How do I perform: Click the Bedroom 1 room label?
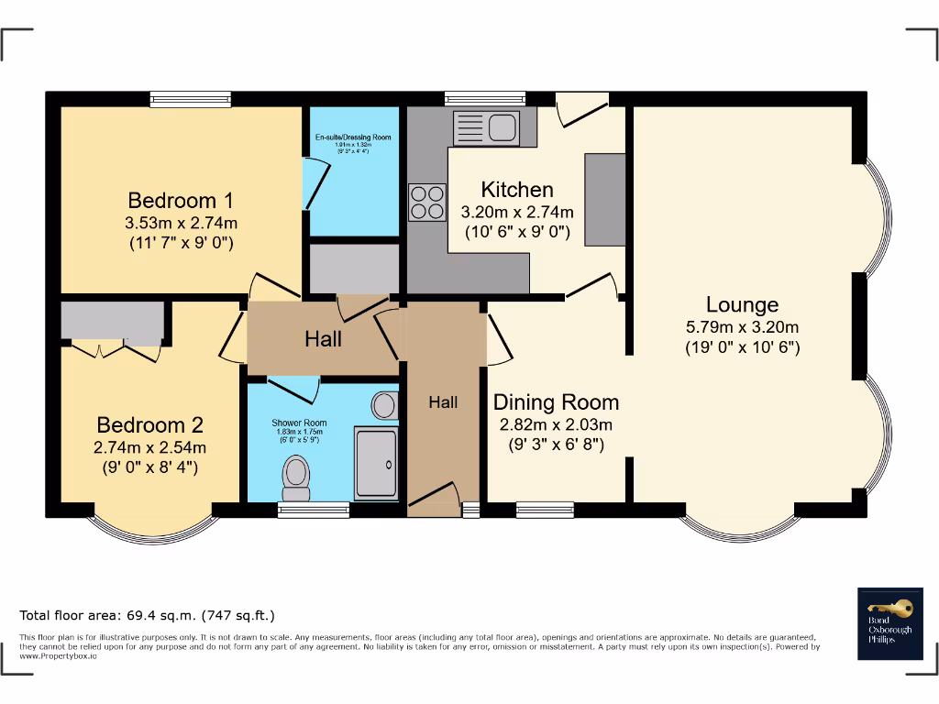[181, 200]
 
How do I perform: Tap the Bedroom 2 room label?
[149, 425]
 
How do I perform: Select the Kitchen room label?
[517, 190]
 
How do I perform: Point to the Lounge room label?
[742, 304]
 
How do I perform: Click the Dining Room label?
[556, 401]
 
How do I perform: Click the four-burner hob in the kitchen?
[426, 203]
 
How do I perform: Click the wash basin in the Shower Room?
[385, 404]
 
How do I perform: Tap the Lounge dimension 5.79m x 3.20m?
[742, 327]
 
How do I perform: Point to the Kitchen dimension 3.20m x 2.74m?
[517, 212]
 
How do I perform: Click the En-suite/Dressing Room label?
[353, 137]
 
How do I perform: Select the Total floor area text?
[148, 615]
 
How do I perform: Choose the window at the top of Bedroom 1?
[191, 99]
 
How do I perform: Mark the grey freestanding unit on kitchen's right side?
[604, 199]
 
